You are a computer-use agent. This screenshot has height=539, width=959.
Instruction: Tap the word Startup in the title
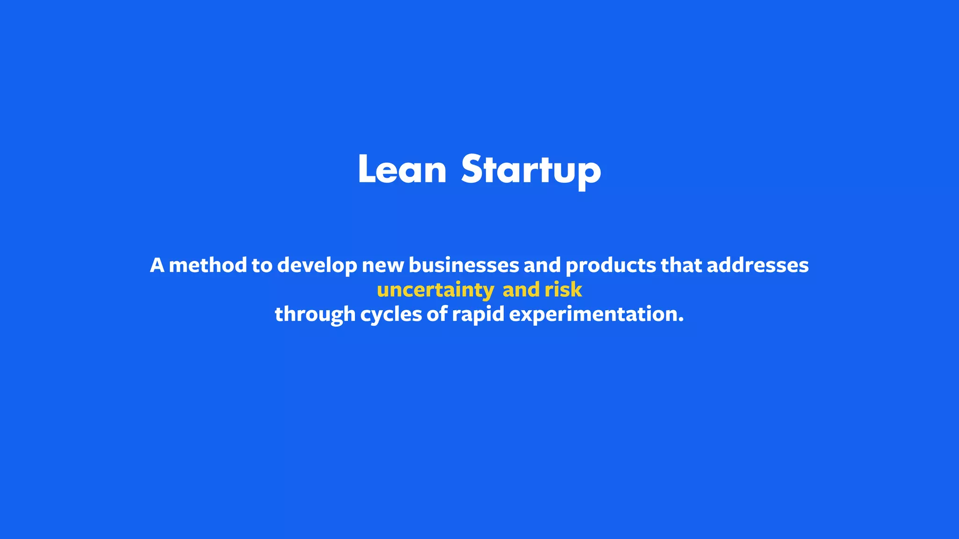531,170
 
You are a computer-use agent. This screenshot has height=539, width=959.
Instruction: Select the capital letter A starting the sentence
157,266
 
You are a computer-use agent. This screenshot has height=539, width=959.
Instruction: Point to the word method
207,266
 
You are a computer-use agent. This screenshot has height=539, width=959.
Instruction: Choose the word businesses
464,266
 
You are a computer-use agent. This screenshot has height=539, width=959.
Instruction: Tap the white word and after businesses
542,266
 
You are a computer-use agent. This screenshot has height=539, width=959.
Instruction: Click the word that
681,266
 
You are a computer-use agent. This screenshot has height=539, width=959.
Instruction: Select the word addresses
757,266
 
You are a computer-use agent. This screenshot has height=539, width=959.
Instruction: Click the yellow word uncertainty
435,291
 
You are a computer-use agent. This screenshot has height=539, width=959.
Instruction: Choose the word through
315,314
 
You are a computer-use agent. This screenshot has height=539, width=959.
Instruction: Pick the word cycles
391,314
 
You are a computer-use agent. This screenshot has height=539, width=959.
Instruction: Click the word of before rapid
437,314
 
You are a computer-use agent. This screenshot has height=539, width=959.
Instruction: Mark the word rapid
478,314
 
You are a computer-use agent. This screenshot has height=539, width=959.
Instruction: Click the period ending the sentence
681,320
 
